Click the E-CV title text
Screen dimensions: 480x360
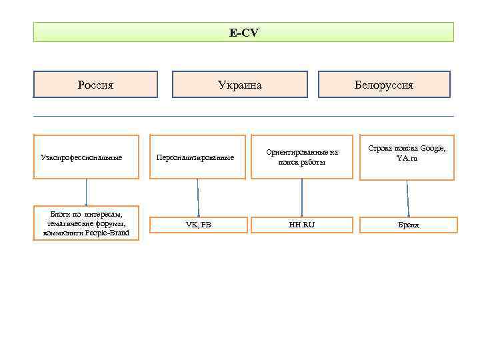(243, 32)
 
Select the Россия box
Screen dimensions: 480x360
(95, 85)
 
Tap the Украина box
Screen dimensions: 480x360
(240, 85)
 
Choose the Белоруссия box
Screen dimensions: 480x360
(384, 85)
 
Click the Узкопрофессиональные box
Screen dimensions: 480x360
(86, 157)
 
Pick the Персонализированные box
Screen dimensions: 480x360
(197, 157)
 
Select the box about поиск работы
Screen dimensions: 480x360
(302, 157)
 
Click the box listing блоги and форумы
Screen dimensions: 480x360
(86, 223)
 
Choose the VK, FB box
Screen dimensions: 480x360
(198, 225)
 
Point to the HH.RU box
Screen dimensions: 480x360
(302, 225)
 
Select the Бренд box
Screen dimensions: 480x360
(409, 225)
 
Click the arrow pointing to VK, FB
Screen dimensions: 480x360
(198, 197)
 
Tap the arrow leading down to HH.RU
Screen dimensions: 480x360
(302, 197)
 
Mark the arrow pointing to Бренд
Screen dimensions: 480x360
(408, 197)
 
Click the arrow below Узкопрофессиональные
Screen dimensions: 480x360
(86, 193)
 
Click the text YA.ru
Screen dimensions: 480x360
(407, 158)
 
